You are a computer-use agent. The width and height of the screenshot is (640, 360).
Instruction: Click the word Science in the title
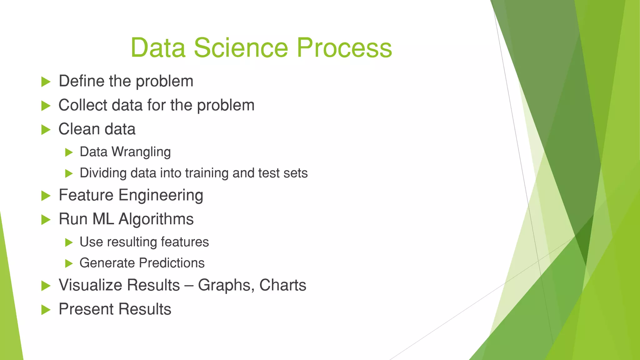point(240,48)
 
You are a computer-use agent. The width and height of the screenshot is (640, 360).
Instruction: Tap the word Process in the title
point(344,48)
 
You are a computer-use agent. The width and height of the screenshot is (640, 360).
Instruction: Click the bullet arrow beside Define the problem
point(46,82)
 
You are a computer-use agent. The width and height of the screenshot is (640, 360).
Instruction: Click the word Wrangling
point(141,152)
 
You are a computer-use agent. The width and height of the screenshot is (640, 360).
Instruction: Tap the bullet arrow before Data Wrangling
point(69,152)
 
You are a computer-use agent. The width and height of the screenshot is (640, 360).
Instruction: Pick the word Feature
point(86,195)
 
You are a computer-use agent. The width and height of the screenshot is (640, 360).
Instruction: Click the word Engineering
point(161,196)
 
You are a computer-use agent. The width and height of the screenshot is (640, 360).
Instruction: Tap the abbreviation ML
point(103,219)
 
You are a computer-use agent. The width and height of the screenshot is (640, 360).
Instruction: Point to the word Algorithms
point(156,219)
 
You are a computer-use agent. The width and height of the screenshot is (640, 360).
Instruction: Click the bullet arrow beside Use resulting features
point(69,242)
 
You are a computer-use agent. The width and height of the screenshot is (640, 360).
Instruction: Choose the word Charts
point(282,285)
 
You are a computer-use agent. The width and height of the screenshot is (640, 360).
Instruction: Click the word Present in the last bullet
point(86,309)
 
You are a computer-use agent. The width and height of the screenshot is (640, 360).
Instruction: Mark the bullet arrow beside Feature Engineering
point(46,196)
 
